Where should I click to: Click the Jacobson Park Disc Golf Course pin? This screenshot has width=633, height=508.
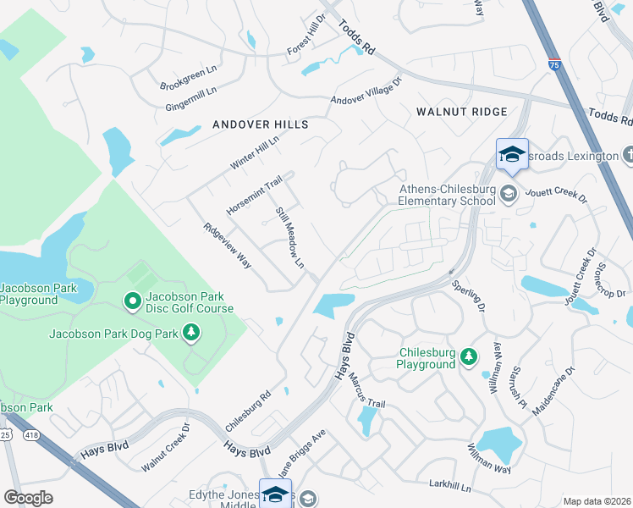[132, 301]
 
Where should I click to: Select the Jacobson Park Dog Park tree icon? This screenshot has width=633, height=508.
[192, 334]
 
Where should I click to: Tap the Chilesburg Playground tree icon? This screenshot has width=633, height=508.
[468, 358]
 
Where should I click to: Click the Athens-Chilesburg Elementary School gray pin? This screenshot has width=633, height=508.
[508, 194]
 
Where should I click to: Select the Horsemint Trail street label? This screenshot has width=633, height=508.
[254, 196]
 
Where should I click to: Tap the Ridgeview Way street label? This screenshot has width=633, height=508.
[227, 246]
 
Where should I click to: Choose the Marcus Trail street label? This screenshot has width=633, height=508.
[365, 395]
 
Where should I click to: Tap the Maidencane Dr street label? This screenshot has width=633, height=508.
[554, 390]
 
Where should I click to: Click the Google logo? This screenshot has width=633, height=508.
[29, 498]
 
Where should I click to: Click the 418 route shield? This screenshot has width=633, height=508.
[32, 434]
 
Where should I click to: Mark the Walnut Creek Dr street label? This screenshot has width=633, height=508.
[166, 455]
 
